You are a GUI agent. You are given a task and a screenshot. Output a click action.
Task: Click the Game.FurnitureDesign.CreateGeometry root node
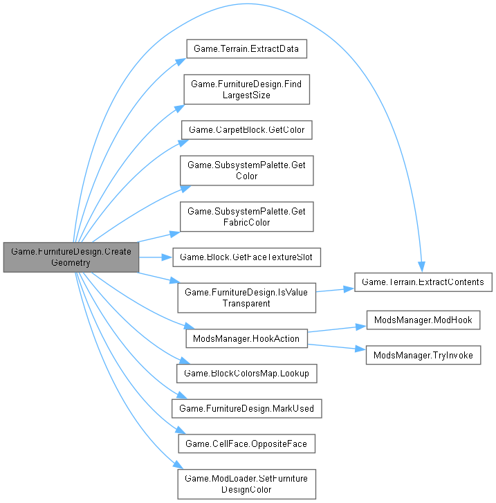[71, 257]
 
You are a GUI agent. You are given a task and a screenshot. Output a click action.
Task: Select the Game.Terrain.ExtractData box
[246, 51]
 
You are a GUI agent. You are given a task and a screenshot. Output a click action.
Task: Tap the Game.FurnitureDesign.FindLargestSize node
[246, 89]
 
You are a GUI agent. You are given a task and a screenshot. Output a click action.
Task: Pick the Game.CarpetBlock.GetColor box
[246, 129]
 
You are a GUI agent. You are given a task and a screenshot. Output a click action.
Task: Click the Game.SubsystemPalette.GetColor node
[246, 170]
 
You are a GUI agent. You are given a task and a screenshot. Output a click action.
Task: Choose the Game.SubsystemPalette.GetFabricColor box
[246, 217]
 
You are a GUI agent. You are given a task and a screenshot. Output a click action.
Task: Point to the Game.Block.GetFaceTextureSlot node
[246, 257]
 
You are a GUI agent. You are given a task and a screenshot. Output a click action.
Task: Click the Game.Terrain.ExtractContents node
[423, 282]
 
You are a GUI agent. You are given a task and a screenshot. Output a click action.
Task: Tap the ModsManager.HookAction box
[246, 338]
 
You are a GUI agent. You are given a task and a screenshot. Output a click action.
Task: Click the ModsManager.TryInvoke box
[423, 354]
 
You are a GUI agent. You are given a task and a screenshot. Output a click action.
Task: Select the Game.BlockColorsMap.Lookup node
[246, 374]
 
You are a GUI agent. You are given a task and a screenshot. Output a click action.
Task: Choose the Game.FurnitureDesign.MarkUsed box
[246, 408]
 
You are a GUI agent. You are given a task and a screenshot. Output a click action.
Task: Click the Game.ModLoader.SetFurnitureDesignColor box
[246, 484]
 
